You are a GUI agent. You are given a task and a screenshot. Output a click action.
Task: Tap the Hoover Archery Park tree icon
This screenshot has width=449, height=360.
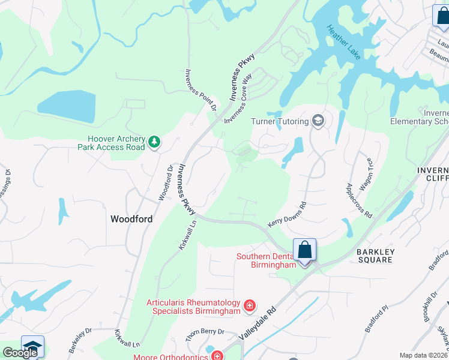[x=155, y=142]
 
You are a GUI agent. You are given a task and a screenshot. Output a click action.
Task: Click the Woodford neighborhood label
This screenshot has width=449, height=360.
[x=131, y=219]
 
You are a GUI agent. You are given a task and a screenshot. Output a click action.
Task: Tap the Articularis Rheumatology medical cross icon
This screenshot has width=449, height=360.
[x=250, y=307]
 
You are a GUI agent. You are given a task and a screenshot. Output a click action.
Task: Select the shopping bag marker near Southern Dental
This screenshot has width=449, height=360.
[x=305, y=250]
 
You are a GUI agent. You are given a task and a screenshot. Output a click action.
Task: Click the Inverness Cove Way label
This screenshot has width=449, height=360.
[x=238, y=98]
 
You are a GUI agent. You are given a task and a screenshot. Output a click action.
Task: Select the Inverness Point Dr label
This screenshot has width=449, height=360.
[x=200, y=90]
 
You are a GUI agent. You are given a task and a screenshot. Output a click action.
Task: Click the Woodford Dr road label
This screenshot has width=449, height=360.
[x=165, y=183]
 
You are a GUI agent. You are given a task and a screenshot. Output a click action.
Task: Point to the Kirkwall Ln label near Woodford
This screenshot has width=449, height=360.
[x=187, y=235]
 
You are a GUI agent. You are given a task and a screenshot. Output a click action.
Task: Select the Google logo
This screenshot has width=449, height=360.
[x=20, y=353]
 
